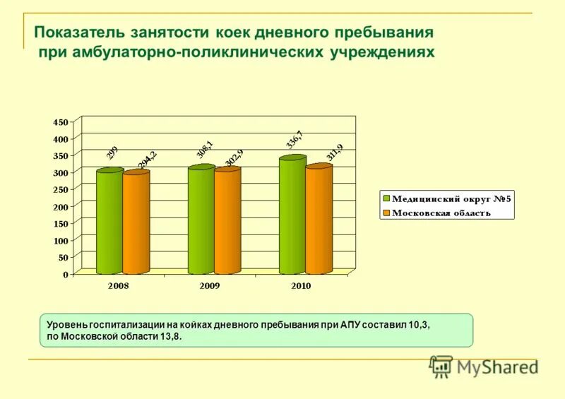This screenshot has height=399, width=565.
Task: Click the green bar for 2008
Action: pyautogui.click(x=109, y=222)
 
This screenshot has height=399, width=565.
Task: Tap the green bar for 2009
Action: pyautogui.click(x=201, y=220)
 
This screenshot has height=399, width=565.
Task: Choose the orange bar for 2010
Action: pyautogui.click(x=319, y=220)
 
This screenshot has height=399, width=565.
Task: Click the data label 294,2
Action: pyautogui.click(x=147, y=161)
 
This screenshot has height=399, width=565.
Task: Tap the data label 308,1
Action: pyautogui.click(x=203, y=150)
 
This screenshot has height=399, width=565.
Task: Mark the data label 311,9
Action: pyautogui.click(x=334, y=153)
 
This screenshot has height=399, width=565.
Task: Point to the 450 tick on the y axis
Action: pyautogui.click(x=61, y=121)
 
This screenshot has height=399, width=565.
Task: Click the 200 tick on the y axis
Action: pyautogui.click(x=61, y=206)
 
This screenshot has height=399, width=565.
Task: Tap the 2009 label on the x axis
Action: pyautogui.click(x=209, y=286)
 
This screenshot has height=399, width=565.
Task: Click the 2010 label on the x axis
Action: pyautogui.click(x=300, y=286)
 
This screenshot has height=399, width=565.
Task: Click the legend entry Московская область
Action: pyautogui.click(x=441, y=213)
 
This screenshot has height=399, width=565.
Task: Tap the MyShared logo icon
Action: pyautogui.click(x=441, y=366)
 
